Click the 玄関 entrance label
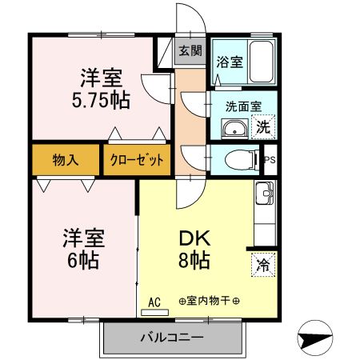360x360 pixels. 190,50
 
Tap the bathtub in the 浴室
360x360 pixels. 262,61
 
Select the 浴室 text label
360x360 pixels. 230,62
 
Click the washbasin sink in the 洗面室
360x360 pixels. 234,129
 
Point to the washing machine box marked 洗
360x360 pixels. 263,127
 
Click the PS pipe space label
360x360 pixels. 270,160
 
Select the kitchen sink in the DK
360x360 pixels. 265,193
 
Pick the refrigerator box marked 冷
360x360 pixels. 263,265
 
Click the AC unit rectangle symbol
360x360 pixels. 154,312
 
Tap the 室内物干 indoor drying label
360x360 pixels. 209,301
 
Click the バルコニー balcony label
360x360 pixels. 172,338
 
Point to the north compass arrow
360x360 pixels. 315,338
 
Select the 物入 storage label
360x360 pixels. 66,160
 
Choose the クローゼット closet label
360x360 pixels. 137,160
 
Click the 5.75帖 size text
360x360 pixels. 101,100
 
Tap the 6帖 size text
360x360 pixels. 83,260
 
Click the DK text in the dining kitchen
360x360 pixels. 195,238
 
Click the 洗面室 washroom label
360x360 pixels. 243,106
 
